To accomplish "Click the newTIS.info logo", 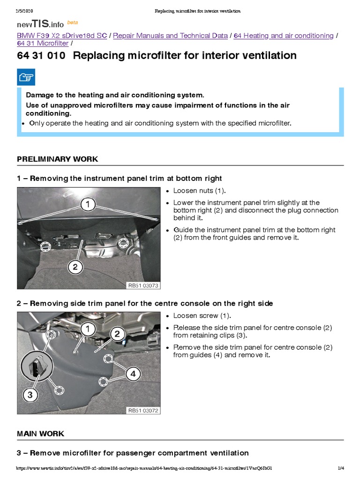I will pos(41,23).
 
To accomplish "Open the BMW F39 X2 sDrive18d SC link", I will pos(62,36).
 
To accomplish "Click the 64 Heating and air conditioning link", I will pos(284,36).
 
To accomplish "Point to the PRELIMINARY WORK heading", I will pos(58,159).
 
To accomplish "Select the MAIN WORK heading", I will pos(41,434).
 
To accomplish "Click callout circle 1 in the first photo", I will pos(87,204).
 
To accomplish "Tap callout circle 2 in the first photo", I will pos(75,267).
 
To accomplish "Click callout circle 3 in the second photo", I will pos(30,395).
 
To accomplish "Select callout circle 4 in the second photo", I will pos(133,374).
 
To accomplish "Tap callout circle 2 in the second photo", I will pos(117,334).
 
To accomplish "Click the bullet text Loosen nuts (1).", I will pos(199,191).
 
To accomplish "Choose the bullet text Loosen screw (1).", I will pos(202,315).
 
